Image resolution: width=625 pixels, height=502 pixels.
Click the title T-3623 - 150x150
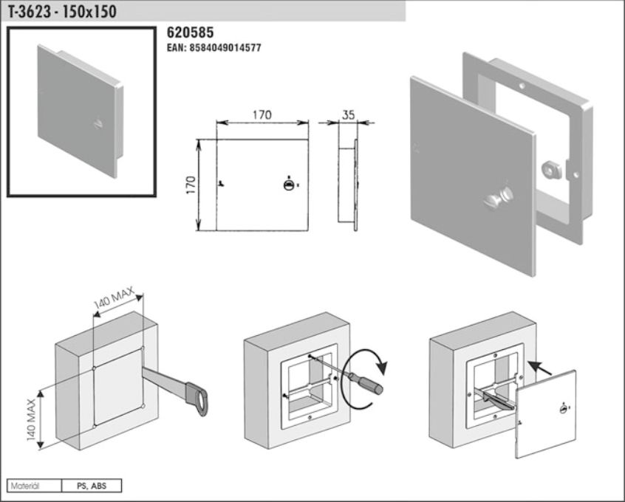tap(62, 12)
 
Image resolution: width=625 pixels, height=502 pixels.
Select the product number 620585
tap(190, 32)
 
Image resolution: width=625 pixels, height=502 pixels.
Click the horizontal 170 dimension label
tap(262, 114)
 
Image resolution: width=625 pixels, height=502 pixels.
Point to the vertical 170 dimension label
tap(191, 185)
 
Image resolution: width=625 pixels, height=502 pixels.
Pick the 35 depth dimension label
tap(348, 114)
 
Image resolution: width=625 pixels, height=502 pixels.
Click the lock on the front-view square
tap(289, 185)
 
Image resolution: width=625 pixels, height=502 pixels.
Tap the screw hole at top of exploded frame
tap(522, 85)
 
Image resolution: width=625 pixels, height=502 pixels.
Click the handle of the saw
tap(197, 398)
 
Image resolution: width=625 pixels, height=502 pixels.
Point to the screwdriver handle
tap(366, 382)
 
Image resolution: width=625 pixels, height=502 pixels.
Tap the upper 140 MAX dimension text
tap(114, 298)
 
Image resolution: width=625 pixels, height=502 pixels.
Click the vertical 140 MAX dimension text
tap(32, 419)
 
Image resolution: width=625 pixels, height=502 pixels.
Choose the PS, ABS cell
tap(92, 486)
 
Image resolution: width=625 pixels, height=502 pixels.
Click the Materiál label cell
tap(35, 486)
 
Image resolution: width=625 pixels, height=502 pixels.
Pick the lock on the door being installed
tap(563, 408)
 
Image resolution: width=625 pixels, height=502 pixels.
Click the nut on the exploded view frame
tap(551, 169)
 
